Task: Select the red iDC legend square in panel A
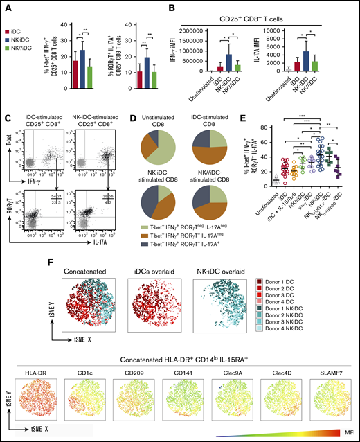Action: coord(7,33)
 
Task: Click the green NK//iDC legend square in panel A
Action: coord(7,49)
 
